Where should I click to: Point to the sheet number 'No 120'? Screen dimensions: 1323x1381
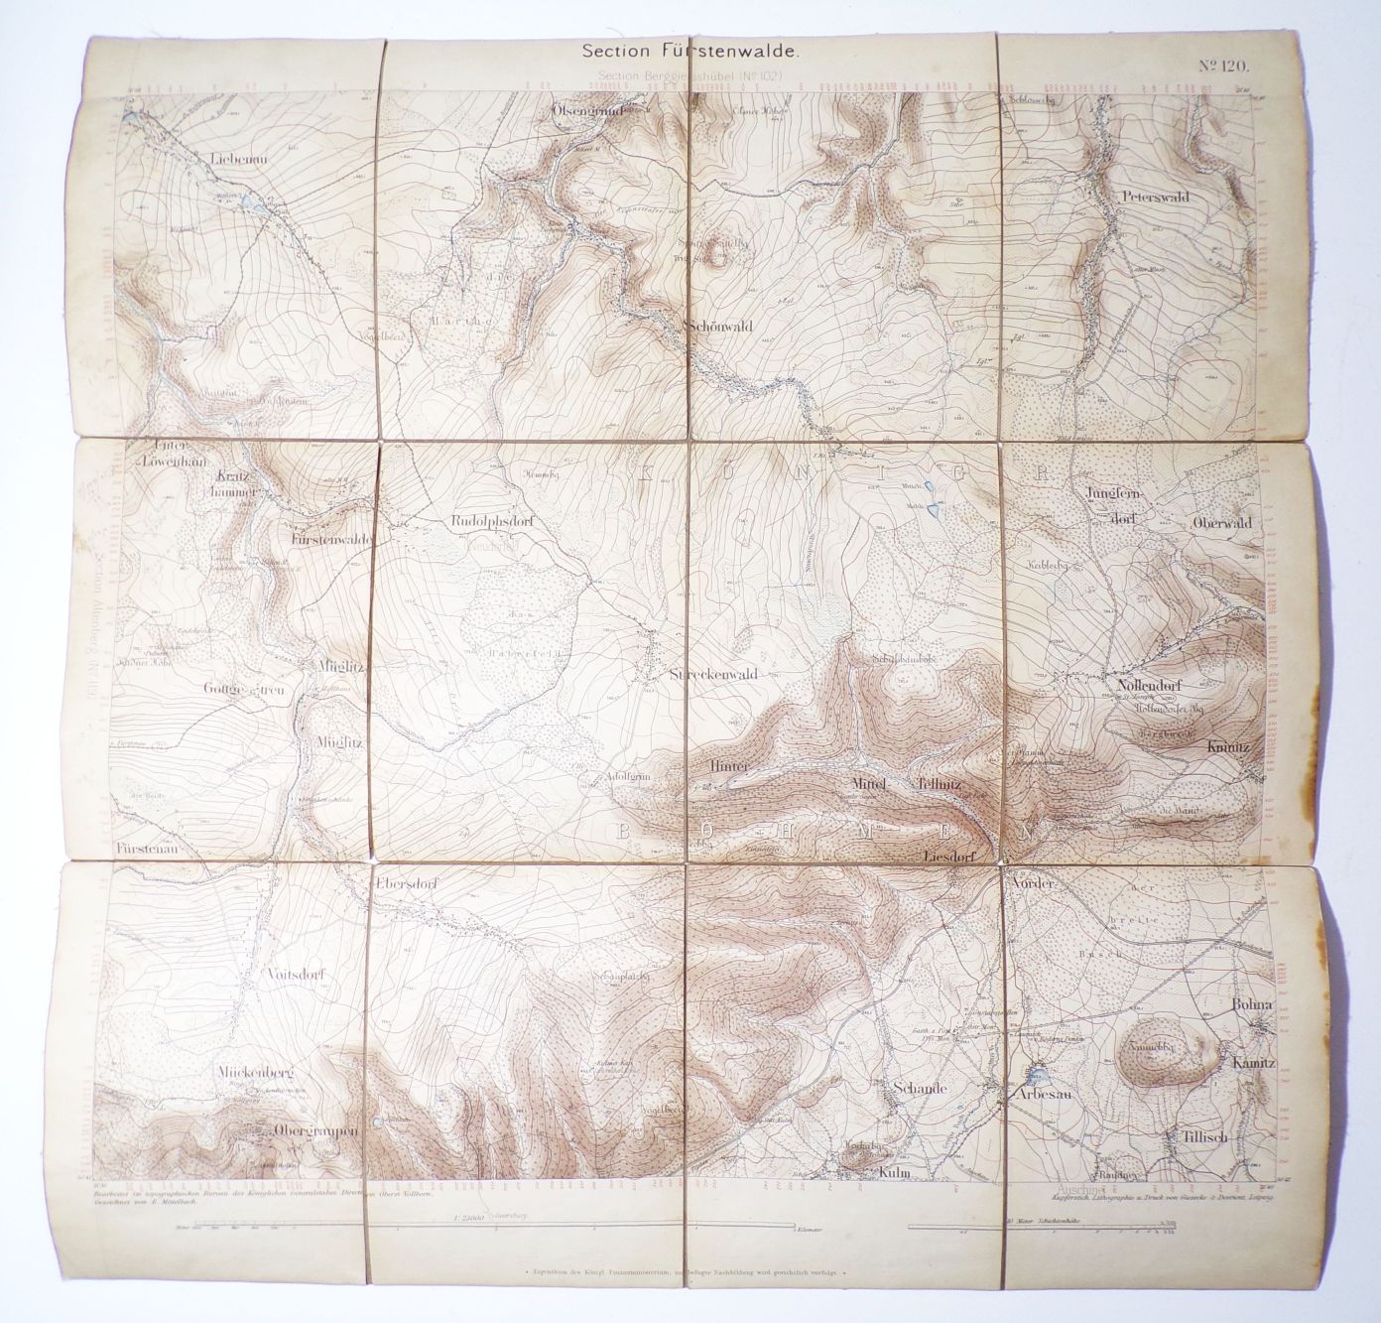[1222, 67]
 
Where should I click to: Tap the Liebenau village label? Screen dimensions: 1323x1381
[234, 157]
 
